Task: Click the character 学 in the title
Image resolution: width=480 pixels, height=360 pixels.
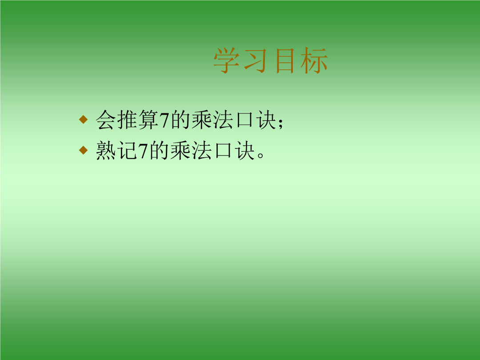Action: point(227,60)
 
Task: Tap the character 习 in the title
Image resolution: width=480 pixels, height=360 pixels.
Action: point(255,60)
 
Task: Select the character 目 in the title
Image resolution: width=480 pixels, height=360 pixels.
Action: point(285,60)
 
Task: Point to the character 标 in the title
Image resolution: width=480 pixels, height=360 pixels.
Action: point(314,60)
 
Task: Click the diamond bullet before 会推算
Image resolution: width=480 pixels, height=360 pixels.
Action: point(83,119)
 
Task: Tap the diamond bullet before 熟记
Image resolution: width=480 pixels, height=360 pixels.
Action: point(83,150)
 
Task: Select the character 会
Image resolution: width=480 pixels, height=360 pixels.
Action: point(106,120)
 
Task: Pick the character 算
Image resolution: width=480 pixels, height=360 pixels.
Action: point(148,120)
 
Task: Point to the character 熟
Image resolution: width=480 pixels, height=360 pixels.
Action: point(106,150)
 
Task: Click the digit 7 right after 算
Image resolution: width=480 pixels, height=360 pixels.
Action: point(164,120)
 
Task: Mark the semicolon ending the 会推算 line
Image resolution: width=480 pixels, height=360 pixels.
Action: point(280,124)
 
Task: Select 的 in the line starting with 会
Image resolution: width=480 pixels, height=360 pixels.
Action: point(180,120)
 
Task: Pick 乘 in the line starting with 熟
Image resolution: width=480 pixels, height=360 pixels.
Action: point(180,150)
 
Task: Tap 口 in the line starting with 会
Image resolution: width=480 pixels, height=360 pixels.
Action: point(245,120)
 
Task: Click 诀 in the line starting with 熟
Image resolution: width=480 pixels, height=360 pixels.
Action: point(245,150)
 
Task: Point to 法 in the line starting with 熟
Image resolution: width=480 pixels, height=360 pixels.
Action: point(202,150)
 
